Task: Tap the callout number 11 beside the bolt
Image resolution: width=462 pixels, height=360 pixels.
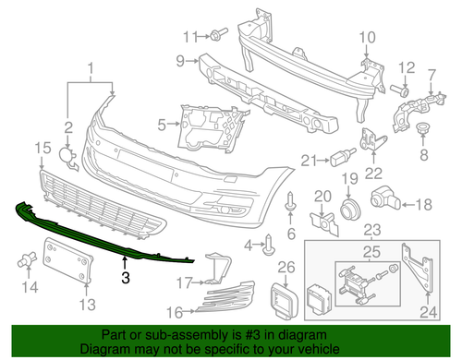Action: point(189,36)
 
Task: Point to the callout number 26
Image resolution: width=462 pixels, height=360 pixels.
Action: point(286,269)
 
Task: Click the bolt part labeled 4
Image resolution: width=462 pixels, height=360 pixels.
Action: point(269,245)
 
